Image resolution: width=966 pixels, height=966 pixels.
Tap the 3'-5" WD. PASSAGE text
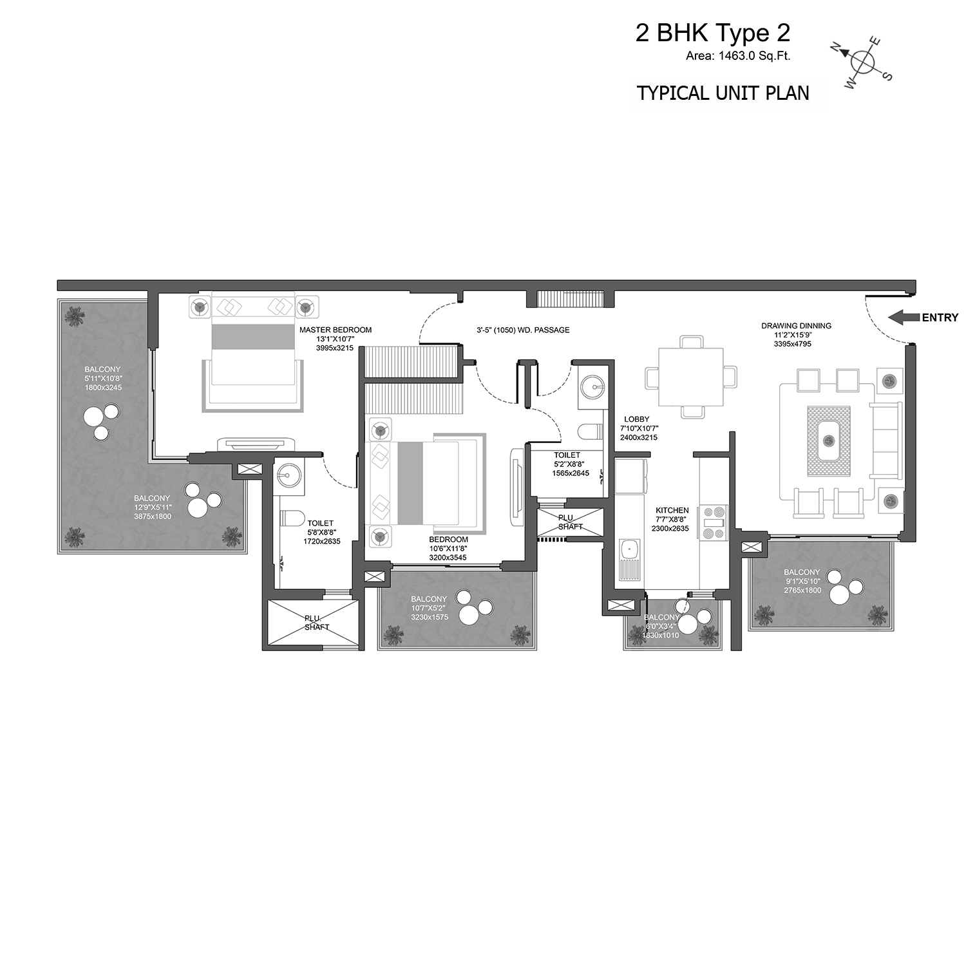pos(523,330)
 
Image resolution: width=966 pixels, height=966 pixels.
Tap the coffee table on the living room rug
pos(829,441)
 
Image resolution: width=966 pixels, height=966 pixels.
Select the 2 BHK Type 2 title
pos(713,33)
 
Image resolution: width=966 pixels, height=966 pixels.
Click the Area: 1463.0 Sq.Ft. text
pos(738,56)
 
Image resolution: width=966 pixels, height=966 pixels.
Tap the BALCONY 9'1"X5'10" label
pos(802,581)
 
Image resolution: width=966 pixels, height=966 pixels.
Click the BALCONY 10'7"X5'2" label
pos(429,608)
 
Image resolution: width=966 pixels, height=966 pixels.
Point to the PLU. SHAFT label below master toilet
pos(316,623)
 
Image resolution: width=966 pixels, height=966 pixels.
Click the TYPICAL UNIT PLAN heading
pos(723,93)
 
